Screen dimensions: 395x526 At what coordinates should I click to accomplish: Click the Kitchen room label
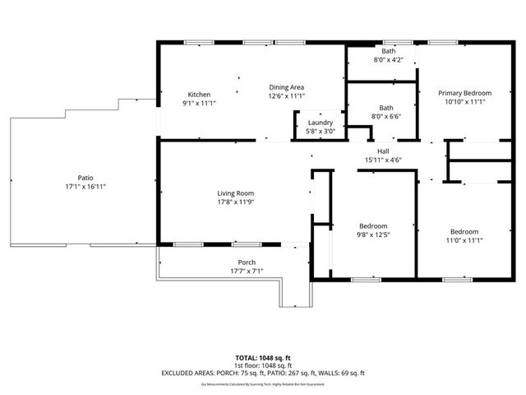(x=199, y=94)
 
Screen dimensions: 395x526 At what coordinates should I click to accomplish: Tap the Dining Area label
(x=287, y=87)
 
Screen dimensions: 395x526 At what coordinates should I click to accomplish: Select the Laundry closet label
(x=320, y=123)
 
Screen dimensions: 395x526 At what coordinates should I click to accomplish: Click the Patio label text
(x=85, y=178)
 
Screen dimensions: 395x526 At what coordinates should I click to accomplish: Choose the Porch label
(x=247, y=263)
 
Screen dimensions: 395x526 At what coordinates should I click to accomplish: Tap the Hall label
(x=383, y=151)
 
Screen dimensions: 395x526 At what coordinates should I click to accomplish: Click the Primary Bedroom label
(x=464, y=93)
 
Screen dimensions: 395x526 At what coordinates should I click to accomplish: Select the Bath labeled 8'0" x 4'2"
(x=388, y=51)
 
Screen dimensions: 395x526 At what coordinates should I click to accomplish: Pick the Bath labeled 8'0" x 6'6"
(x=386, y=108)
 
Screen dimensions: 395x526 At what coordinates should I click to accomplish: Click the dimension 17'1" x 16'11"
(x=85, y=187)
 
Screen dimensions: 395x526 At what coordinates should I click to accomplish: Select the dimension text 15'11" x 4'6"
(x=383, y=160)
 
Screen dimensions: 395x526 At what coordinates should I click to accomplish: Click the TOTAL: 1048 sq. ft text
(x=263, y=358)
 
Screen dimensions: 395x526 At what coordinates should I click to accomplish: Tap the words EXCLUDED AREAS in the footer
(x=190, y=373)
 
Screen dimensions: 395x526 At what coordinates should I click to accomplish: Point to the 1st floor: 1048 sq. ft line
(x=263, y=365)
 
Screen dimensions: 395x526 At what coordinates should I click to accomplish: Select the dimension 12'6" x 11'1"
(x=287, y=96)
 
